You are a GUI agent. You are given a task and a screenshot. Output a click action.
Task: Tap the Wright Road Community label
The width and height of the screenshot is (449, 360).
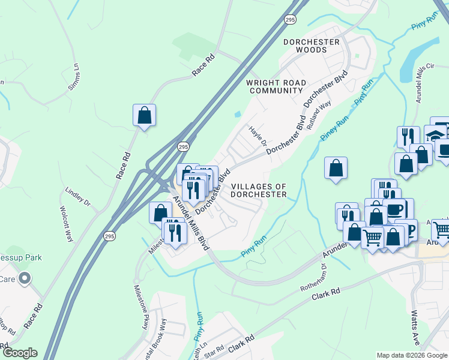[x=276, y=86]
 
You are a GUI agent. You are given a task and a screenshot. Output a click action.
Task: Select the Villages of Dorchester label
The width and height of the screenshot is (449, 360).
[x=259, y=190]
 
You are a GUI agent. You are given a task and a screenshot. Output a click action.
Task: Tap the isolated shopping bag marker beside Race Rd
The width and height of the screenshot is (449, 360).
[x=144, y=115]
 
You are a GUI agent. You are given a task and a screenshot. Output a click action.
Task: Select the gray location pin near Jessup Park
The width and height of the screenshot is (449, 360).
[x=24, y=278]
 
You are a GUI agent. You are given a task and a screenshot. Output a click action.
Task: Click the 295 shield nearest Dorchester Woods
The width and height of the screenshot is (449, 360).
[x=290, y=19]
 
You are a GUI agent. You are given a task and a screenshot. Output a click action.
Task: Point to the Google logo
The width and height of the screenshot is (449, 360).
[x=19, y=353]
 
